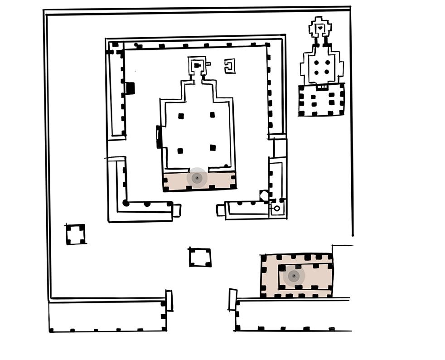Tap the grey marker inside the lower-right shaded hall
(294, 275)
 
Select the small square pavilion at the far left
(75, 234)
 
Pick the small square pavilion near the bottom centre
(200, 258)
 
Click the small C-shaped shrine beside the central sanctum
(230, 66)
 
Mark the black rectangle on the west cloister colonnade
(131, 88)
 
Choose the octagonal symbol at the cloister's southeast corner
(265, 195)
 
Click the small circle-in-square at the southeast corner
(276, 209)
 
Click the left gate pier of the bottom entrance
(169, 301)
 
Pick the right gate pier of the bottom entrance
(233, 300)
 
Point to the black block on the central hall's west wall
(159, 137)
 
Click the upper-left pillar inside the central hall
(181, 116)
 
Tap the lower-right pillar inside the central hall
(213, 147)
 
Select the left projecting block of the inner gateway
(177, 210)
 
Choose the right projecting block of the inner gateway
(221, 210)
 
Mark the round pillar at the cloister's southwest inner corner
(126, 203)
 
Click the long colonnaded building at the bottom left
(107, 316)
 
